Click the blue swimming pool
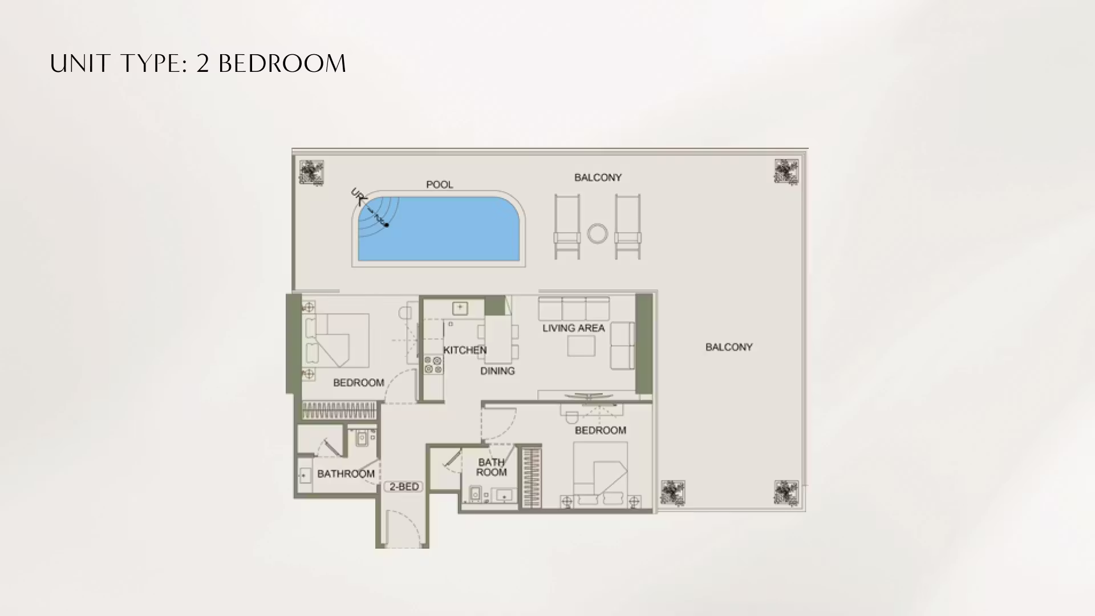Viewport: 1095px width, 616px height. click(x=439, y=228)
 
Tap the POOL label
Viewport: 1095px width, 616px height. click(x=440, y=185)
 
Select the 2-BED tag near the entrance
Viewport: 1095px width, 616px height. click(x=404, y=487)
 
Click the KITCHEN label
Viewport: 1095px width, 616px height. click(x=465, y=350)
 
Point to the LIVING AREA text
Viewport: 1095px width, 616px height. click(x=573, y=328)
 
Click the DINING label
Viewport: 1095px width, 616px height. click(x=497, y=371)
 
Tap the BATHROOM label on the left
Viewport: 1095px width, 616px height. click(x=346, y=473)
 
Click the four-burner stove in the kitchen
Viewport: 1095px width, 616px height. click(x=433, y=365)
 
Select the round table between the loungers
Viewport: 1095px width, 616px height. click(x=598, y=233)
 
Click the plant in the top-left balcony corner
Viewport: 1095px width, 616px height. click(x=311, y=172)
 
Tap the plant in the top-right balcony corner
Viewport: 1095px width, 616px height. click(x=786, y=171)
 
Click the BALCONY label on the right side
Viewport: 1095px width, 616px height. click(x=729, y=347)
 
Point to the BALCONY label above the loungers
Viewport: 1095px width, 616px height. click(x=598, y=177)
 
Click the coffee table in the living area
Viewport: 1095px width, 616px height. click(x=581, y=346)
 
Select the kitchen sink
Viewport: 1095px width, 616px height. click(x=460, y=309)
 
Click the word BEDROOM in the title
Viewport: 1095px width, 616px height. click(x=282, y=63)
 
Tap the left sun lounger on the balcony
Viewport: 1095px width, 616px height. click(x=567, y=226)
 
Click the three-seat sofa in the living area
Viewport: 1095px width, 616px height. click(x=574, y=309)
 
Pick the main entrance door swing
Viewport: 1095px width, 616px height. click(x=403, y=528)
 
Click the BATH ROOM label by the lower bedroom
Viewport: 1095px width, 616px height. click(x=491, y=467)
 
